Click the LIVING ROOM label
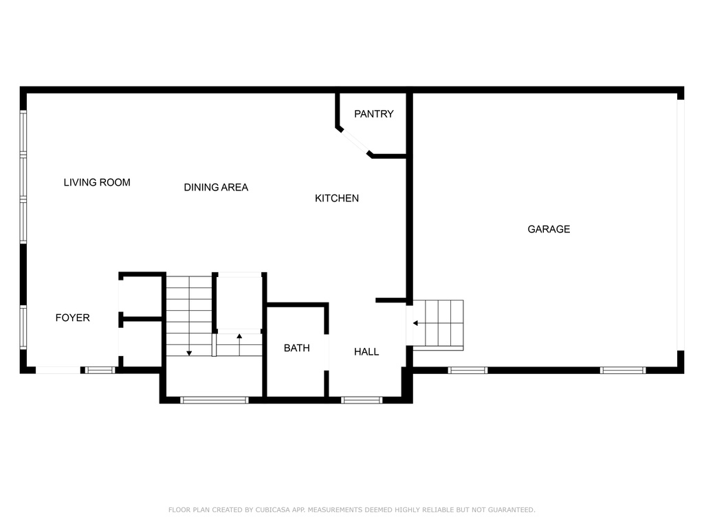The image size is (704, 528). coord(97,182)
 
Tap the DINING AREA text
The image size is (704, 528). coord(216,187)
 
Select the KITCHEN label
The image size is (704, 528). coord(337,198)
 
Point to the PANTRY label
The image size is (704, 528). coord(374,114)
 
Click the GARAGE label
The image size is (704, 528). coord(549,229)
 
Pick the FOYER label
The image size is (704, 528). coord(73,318)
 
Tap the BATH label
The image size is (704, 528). coord(297,348)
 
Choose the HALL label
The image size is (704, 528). coord(366,352)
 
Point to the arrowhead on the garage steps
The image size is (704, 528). coord(416,323)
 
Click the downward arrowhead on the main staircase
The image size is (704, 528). coord(189,353)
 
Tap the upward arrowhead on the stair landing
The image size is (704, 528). coord(239,336)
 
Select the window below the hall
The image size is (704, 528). coord(362,400)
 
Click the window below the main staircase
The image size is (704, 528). coord(214,400)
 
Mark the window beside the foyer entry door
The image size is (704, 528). coord(100,371)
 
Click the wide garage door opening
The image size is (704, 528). coord(681,225)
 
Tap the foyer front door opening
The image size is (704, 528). coord(58,371)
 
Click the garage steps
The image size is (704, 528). coord(438,325)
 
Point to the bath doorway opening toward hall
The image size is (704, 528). coord(327,353)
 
